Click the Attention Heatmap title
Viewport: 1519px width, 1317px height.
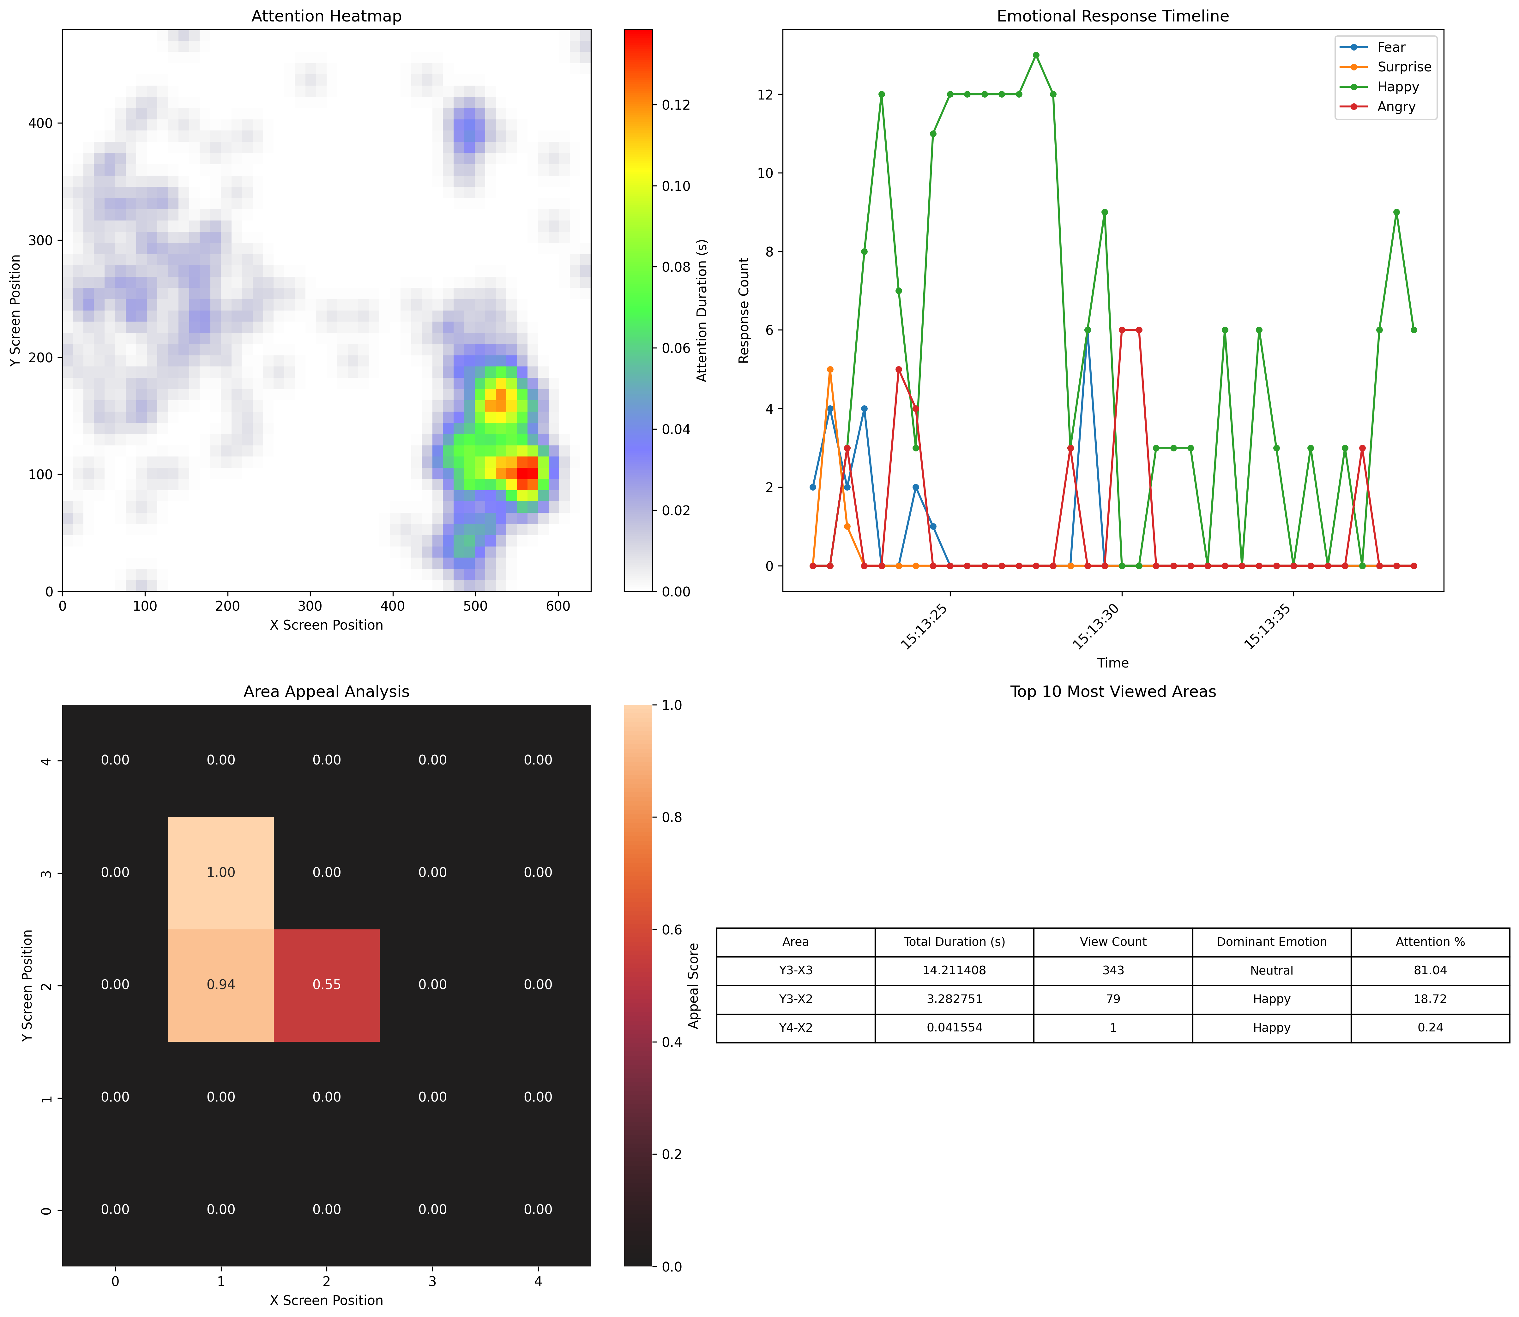click(326, 16)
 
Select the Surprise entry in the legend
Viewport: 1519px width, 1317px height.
click(1404, 67)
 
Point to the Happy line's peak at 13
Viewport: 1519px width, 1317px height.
click(1035, 55)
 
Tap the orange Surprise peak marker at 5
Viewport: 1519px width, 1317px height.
click(830, 370)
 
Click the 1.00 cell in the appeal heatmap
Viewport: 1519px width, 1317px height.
click(220, 872)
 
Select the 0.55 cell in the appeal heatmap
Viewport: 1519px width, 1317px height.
click(326, 985)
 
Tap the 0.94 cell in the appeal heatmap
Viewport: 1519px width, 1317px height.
click(220, 985)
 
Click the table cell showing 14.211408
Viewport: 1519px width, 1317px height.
click(954, 970)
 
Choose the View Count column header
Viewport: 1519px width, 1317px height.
click(1112, 941)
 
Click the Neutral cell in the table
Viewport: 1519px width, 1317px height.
click(1271, 970)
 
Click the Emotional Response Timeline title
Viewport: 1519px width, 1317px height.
click(1112, 16)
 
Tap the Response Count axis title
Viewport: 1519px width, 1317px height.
click(744, 310)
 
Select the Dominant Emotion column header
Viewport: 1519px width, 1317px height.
click(1271, 941)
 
